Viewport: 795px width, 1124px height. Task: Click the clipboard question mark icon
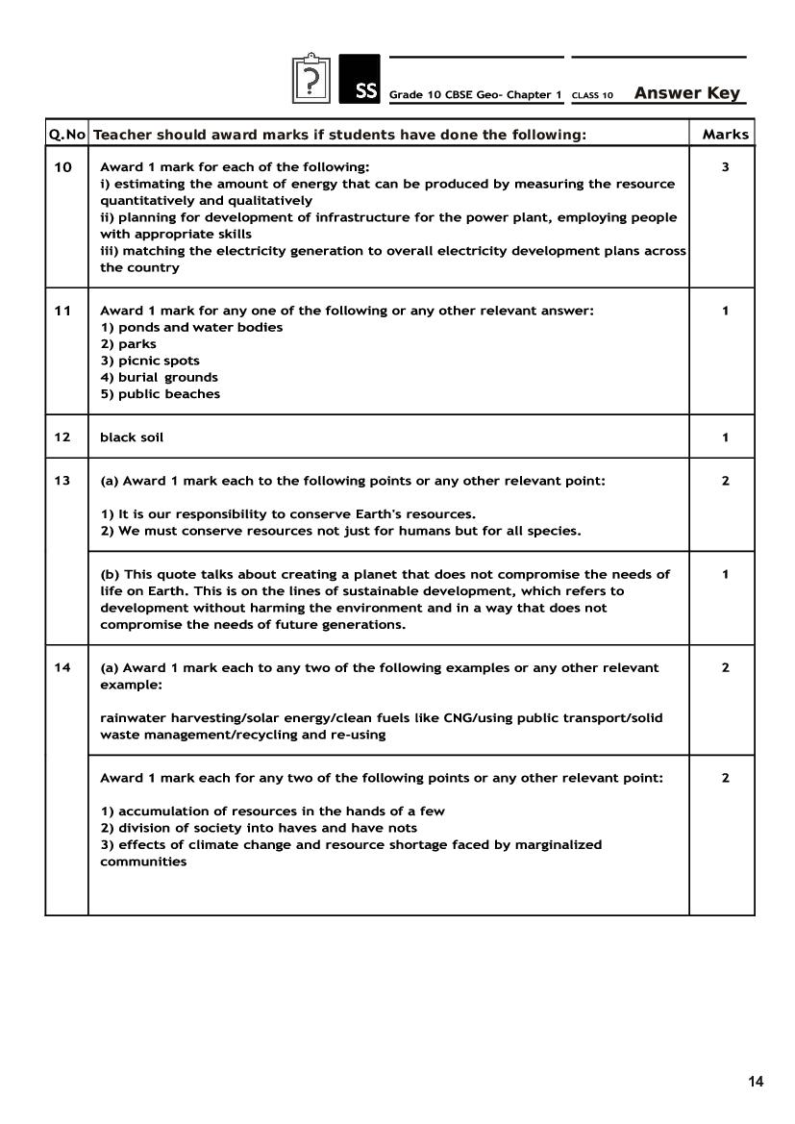coord(311,79)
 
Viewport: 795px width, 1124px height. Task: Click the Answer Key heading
coord(687,93)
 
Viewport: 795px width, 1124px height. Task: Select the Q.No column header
coord(66,135)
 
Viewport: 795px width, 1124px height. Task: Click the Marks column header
coord(725,135)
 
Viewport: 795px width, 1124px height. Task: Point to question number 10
coord(62,167)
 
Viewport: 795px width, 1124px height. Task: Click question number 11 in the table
coord(62,311)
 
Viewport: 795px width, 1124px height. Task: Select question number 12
coord(62,437)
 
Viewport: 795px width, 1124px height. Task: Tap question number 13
coord(62,481)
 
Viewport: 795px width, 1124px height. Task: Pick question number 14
coord(62,667)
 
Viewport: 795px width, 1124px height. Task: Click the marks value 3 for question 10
coord(725,167)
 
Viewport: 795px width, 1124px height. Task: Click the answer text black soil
coord(132,437)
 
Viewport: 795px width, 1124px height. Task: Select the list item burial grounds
coord(160,378)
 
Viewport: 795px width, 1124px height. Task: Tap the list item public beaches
coord(161,394)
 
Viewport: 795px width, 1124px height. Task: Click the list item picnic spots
coord(151,362)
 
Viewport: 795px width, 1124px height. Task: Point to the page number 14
coord(756,1082)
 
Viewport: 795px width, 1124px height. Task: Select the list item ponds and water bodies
coord(191,328)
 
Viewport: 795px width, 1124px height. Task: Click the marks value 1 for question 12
coord(725,437)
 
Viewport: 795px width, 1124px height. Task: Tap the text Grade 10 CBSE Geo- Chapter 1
coord(475,95)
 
